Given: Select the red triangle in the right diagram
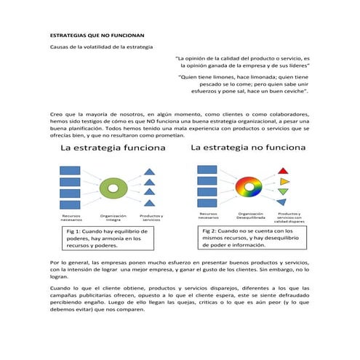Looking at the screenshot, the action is click(x=284, y=169).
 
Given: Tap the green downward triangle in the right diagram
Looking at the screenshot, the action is click(x=284, y=191).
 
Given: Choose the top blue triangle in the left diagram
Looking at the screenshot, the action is click(x=149, y=172).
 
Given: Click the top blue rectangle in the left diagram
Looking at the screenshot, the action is click(x=70, y=171).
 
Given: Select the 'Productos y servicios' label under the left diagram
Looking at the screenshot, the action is click(x=151, y=217).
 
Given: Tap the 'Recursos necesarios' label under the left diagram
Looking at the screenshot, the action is click(x=71, y=217).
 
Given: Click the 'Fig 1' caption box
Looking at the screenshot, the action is click(x=106, y=238).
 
